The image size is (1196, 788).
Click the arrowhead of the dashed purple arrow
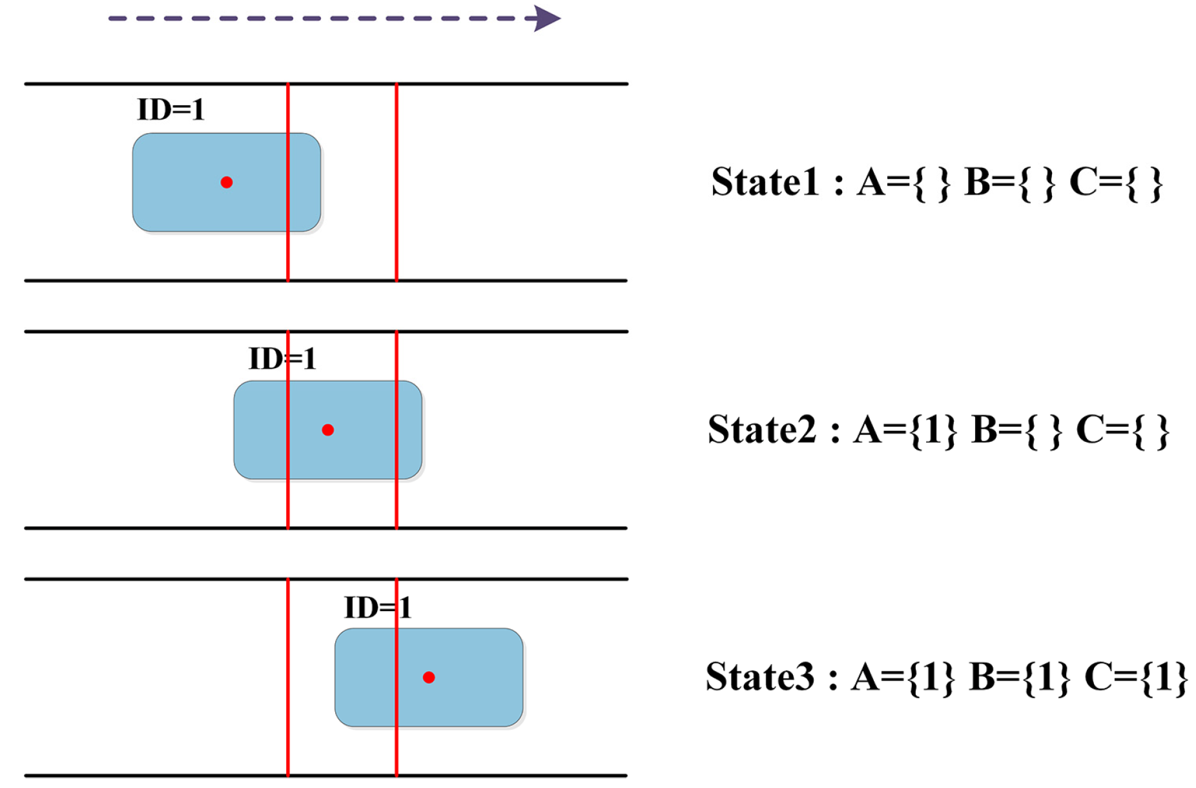(x=547, y=19)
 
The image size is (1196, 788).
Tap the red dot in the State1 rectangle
(x=227, y=183)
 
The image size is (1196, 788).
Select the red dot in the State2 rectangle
(x=328, y=430)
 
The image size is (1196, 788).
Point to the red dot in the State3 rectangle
(x=429, y=678)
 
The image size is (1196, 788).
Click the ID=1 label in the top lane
(x=171, y=110)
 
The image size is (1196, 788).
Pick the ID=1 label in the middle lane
(x=283, y=358)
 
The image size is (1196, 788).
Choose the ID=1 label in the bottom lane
(x=378, y=607)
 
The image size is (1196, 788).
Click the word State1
(x=765, y=182)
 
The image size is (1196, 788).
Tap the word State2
(x=762, y=430)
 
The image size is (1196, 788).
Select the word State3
(x=760, y=677)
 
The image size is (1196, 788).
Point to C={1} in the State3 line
(x=1136, y=678)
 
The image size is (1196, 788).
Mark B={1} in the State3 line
(x=1020, y=678)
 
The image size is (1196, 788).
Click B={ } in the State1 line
(x=1010, y=183)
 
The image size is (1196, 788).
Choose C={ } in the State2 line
(x=1122, y=430)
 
